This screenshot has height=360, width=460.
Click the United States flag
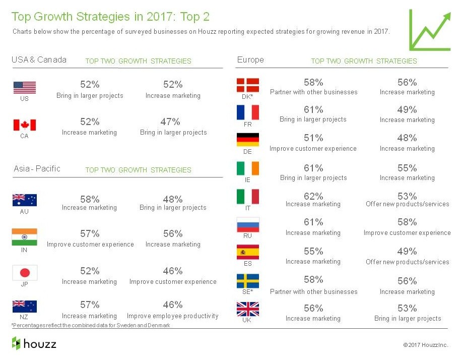click(25, 88)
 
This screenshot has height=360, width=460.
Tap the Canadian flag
click(25, 125)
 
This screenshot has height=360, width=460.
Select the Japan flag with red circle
click(25, 273)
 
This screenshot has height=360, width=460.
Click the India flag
click(25, 236)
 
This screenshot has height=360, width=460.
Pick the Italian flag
click(248, 197)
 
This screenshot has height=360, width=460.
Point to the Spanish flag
click(248, 252)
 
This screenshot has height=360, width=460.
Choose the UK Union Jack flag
click(248, 309)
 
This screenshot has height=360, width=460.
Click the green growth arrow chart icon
click(429, 30)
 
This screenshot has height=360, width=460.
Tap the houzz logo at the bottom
click(34, 344)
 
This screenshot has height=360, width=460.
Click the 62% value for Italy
click(313, 196)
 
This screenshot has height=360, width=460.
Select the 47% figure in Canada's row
click(173, 122)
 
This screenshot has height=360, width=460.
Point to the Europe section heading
click(250, 60)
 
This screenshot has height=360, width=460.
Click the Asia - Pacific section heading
click(37, 169)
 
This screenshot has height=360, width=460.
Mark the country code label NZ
click(24, 318)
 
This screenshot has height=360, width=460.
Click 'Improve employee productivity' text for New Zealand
click(173, 316)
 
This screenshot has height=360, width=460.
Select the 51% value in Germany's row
click(313, 138)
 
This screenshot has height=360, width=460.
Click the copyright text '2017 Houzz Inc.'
click(425, 345)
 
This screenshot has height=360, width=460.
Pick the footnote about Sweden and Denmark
click(91, 326)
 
